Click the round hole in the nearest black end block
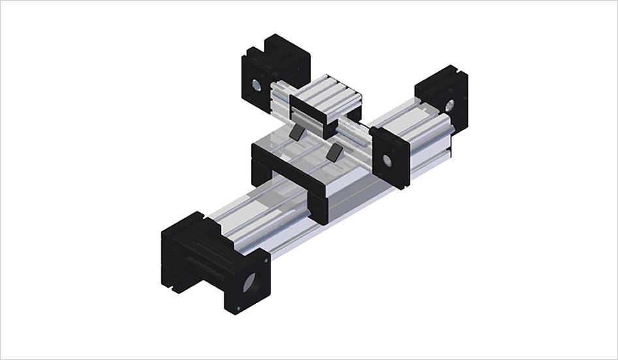point(250,283)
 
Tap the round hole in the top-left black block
point(257,85)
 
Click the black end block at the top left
point(271,69)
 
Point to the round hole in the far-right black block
point(449,104)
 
